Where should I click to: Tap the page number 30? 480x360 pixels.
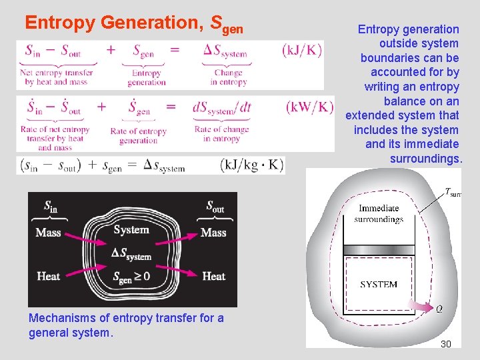446,344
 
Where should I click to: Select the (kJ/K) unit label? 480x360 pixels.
302,49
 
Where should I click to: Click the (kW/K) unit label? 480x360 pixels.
309,107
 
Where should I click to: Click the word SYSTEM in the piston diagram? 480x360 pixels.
379,285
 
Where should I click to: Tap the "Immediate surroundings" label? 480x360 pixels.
379,213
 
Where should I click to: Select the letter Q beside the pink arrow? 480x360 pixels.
438,309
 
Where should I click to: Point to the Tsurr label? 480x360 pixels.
453,193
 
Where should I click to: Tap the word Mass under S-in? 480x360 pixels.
48,233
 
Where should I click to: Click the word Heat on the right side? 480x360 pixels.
213,276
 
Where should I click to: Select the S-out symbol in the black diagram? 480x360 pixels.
214,208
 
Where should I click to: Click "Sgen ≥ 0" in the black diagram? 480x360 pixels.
131,277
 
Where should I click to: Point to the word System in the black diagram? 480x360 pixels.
131,230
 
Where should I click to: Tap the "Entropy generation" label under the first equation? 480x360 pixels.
147,78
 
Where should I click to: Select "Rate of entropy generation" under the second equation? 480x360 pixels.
138,136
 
